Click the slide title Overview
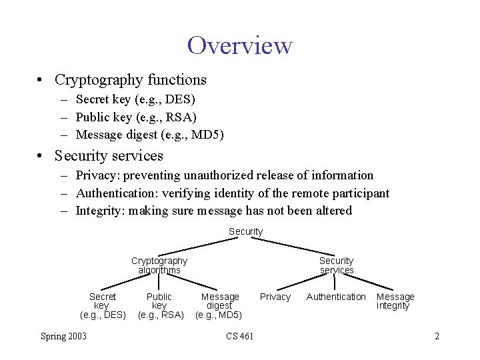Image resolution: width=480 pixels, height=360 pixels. click(239, 45)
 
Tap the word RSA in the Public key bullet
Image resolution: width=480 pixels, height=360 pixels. click(181, 117)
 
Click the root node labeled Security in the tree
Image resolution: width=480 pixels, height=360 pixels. click(245, 231)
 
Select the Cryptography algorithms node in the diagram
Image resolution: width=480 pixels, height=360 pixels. click(159, 265)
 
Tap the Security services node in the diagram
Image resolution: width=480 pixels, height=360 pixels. click(336, 265)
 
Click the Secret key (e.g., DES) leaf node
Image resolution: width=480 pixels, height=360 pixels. click(102, 305)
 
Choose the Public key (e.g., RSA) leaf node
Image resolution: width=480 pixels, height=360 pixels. click(160, 305)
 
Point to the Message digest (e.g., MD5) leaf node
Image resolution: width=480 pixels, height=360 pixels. click(219, 305)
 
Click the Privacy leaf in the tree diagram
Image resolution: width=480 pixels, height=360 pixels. click(275, 297)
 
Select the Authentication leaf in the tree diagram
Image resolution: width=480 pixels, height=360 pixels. click(336, 297)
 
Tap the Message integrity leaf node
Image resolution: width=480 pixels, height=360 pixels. click(395, 301)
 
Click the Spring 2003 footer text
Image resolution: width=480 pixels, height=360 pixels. click(63, 336)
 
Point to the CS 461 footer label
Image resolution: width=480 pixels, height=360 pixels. click(240, 336)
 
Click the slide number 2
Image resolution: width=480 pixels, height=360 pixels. click(437, 336)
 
